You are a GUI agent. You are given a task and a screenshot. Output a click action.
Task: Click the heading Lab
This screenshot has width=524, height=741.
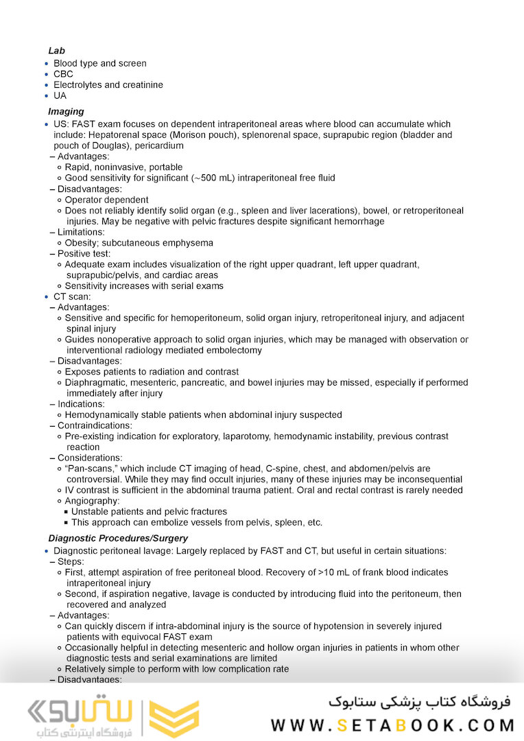click(x=56, y=51)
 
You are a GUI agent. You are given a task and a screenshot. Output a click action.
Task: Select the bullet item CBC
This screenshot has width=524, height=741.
click(x=63, y=74)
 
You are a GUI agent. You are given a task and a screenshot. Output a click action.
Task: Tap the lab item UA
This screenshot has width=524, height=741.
click(x=60, y=96)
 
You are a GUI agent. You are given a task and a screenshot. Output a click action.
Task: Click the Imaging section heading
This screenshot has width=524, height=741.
click(x=66, y=111)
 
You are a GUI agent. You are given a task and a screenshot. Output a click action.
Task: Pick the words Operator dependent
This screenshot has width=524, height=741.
click(x=107, y=200)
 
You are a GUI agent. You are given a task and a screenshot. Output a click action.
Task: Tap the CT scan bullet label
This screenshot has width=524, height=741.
click(x=72, y=297)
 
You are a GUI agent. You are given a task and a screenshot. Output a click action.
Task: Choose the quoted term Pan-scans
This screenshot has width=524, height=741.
click(x=92, y=469)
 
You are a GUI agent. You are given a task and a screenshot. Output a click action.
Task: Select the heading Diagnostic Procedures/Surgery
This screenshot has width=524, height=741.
click(x=118, y=539)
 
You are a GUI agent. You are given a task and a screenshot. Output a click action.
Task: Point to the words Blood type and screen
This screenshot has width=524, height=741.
click(x=100, y=64)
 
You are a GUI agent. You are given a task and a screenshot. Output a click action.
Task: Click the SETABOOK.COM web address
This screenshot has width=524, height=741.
click(x=392, y=725)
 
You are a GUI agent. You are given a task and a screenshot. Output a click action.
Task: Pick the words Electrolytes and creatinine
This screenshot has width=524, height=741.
click(x=108, y=85)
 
